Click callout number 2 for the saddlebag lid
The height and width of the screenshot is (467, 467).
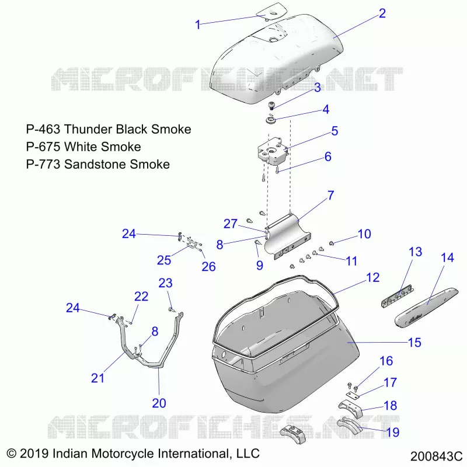click(382, 13)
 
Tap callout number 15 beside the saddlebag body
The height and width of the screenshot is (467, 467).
click(414, 342)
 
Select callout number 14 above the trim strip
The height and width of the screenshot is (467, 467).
click(447, 257)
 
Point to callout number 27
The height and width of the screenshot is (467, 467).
click(231, 224)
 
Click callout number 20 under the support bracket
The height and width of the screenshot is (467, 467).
click(159, 403)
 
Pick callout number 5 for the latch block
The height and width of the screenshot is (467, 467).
click(334, 131)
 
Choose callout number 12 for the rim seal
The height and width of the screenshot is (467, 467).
click(372, 278)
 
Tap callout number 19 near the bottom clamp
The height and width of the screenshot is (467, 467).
click(392, 432)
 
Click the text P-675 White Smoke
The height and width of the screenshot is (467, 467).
click(83, 147)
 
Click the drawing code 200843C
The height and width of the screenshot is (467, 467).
click(436, 456)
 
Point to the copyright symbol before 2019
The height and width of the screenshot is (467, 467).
click(11, 454)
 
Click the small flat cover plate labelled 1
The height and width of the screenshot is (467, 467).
click(271, 12)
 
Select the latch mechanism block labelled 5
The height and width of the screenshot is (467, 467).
click(273, 151)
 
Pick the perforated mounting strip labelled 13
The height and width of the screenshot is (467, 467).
click(398, 296)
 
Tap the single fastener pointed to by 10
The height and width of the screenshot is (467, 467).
click(332, 243)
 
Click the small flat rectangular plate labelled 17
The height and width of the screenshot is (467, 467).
click(353, 395)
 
